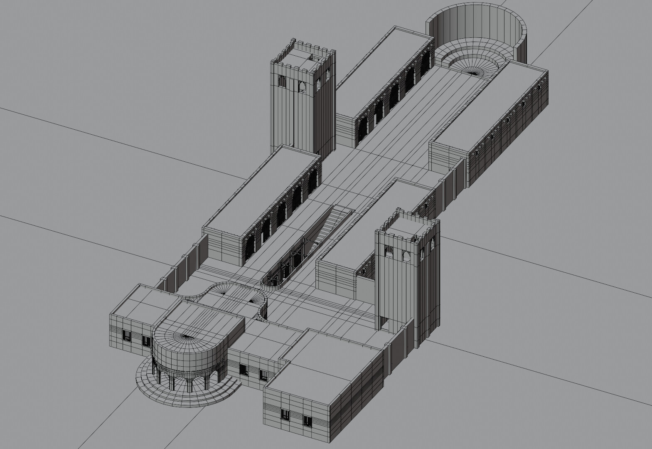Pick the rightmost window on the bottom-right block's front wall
click(307, 421)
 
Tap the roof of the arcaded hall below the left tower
click(262, 187)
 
